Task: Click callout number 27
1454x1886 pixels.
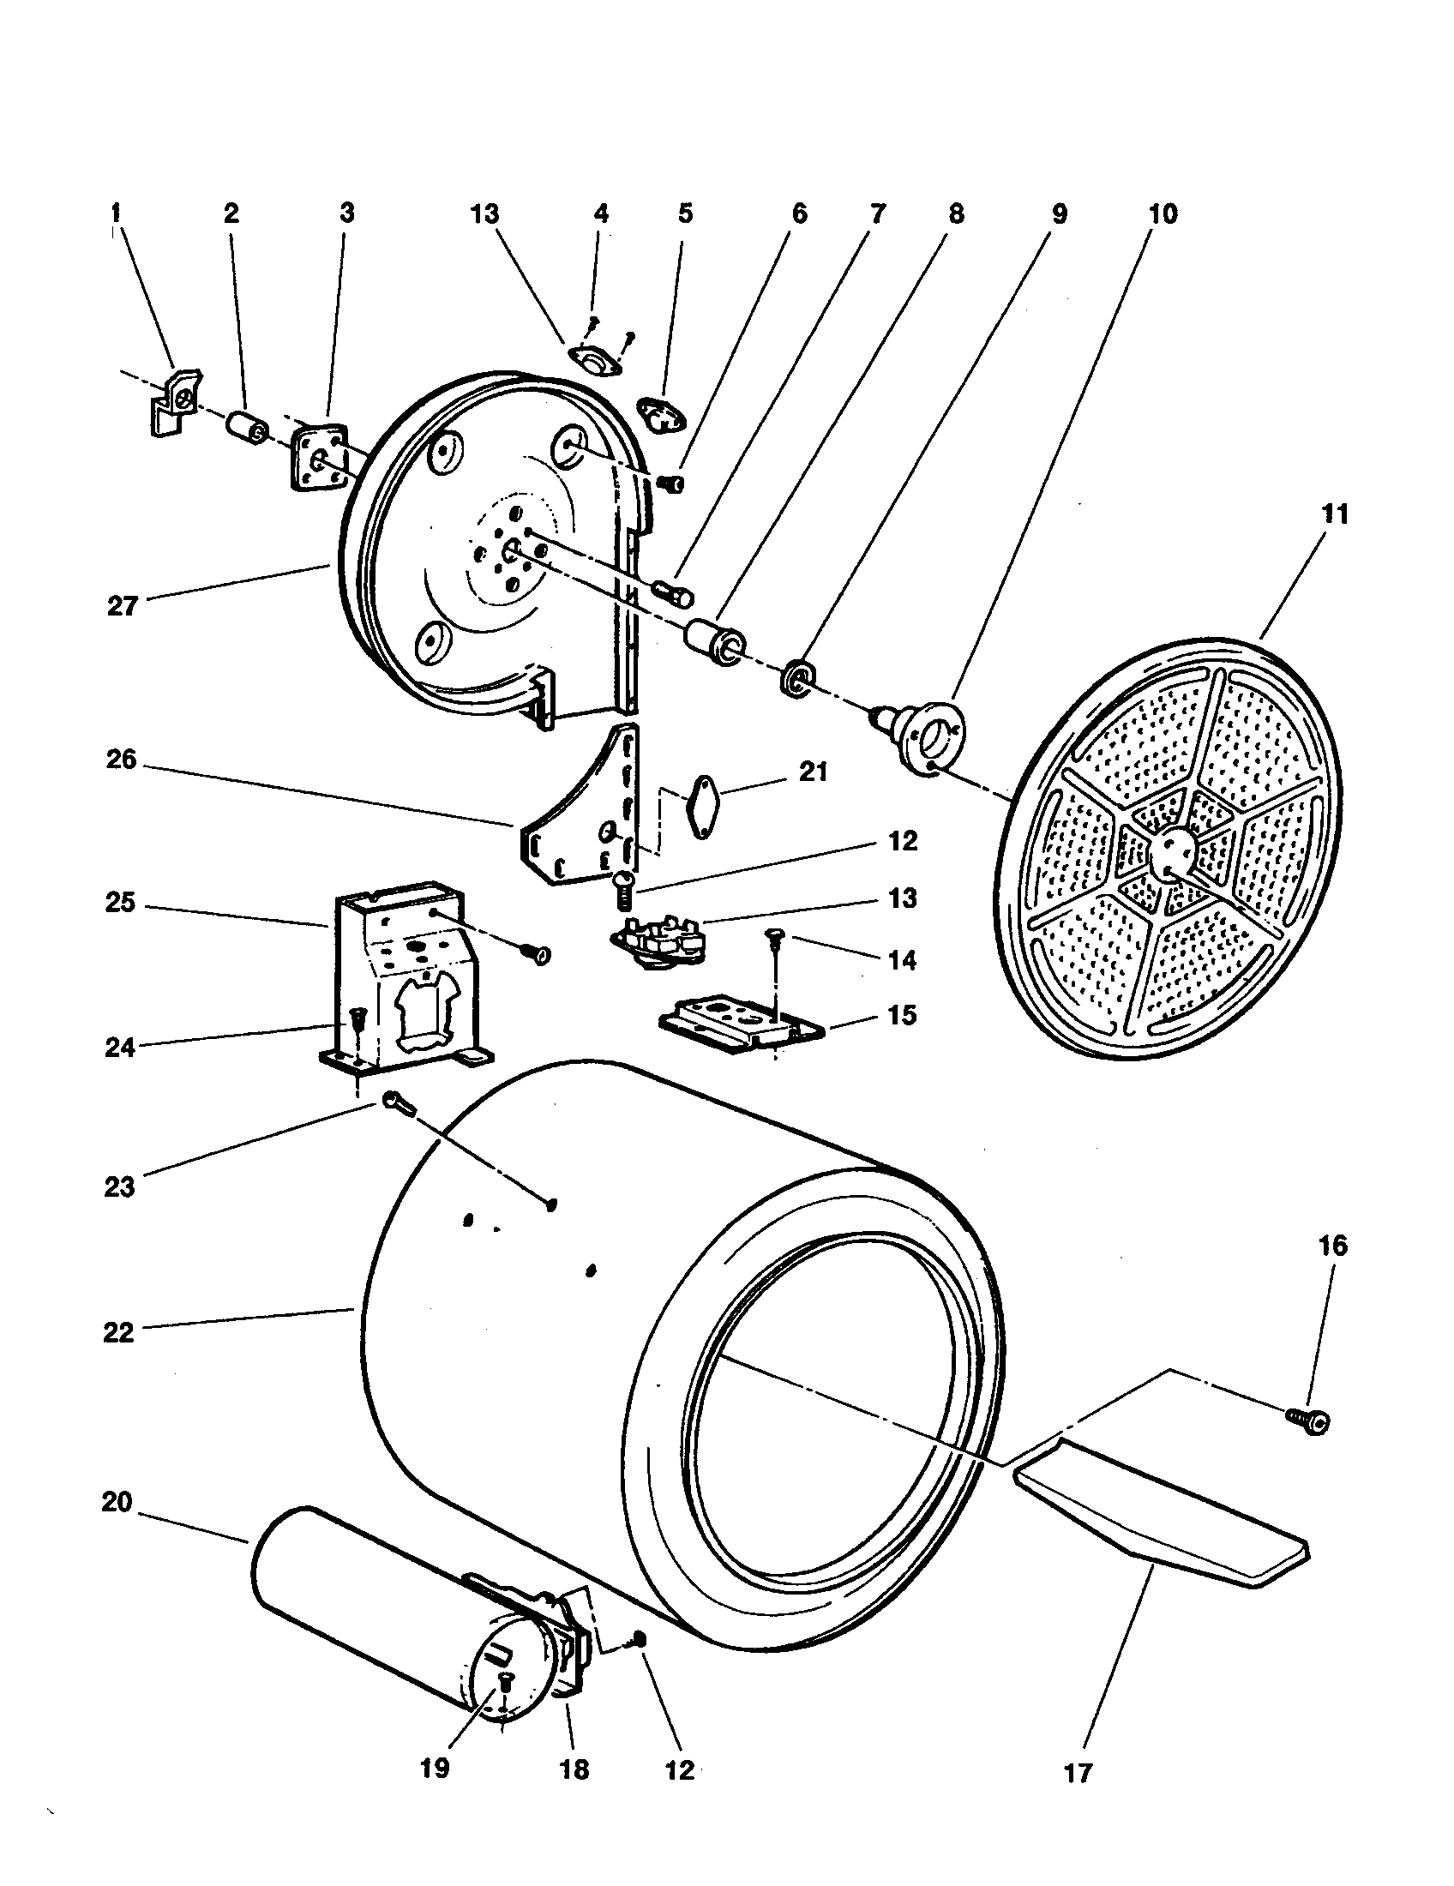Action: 122,606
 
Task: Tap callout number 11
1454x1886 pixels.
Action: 1334,514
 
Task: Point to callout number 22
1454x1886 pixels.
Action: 119,1332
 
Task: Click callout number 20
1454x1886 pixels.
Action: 117,1503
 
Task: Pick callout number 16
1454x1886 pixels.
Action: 1332,1246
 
